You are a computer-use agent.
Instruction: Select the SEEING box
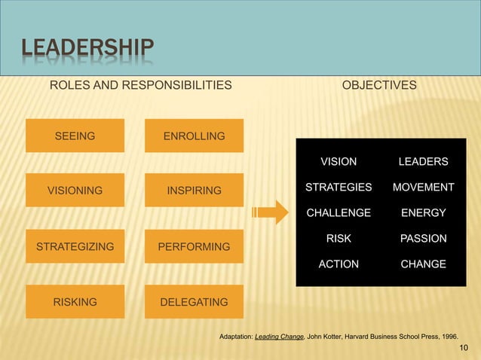[74, 136]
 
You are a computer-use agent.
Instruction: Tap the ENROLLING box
[194, 136]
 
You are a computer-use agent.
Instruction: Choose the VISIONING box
[74, 191]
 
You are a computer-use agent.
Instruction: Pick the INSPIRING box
[194, 191]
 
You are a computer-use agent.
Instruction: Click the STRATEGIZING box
[74, 246]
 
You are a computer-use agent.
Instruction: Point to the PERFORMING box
[194, 246]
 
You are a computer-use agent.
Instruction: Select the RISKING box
[74, 302]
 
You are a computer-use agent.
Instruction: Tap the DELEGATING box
[194, 302]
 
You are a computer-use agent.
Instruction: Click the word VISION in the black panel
[339, 161]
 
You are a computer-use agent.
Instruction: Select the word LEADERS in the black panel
[423, 161]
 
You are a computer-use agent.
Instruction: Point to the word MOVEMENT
[423, 187]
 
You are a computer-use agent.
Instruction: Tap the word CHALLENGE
[339, 213]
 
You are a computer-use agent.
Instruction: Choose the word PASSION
[423, 239]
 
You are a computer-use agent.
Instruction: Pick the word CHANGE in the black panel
[423, 264]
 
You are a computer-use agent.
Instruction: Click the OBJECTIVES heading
[378, 87]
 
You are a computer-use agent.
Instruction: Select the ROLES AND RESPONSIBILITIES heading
[140, 87]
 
